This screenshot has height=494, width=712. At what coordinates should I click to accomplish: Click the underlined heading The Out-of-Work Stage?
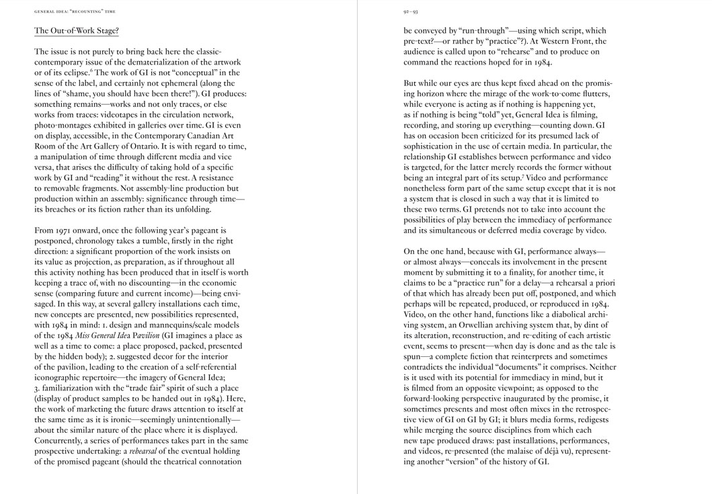click(x=76, y=31)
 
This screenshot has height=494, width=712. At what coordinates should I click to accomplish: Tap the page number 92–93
click(x=410, y=11)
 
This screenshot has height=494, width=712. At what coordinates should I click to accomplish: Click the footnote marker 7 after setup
click(x=522, y=176)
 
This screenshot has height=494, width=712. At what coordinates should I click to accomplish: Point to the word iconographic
click(x=61, y=377)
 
